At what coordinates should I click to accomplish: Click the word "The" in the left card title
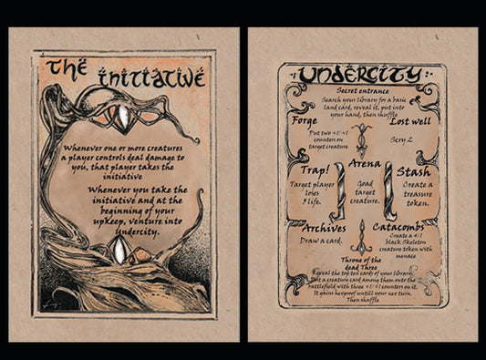point(67,68)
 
